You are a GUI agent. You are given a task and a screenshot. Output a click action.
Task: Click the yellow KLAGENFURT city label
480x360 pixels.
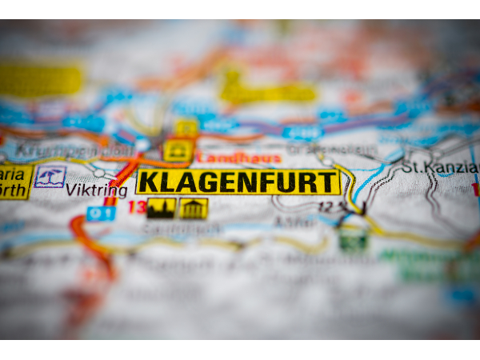pyautogui.click(x=238, y=182)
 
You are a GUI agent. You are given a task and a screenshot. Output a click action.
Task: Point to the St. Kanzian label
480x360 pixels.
pyautogui.click(x=439, y=167)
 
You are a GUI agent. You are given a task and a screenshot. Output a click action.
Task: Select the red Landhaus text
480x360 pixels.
pyautogui.click(x=238, y=158)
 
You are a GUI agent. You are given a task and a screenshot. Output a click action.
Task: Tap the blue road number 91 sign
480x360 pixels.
pyautogui.click(x=101, y=214)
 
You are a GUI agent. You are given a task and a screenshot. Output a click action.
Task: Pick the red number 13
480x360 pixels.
pyautogui.click(x=137, y=207)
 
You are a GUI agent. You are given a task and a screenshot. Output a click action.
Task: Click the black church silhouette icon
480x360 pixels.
pyautogui.click(x=161, y=208)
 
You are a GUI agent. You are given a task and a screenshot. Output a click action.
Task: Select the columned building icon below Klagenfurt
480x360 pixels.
pyautogui.click(x=194, y=209)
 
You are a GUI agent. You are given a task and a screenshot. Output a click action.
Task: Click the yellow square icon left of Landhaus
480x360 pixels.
pyautogui.click(x=178, y=150)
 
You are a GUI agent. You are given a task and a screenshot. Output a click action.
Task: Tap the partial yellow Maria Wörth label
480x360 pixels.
pyautogui.click(x=14, y=182)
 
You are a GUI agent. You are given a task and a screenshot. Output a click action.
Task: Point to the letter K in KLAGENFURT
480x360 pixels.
pyautogui.click(x=147, y=182)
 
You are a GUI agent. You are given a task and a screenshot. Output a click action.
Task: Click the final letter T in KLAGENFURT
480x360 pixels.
pyautogui.click(x=330, y=182)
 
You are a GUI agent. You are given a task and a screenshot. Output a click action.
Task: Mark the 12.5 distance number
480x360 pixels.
pyautogui.click(x=330, y=206)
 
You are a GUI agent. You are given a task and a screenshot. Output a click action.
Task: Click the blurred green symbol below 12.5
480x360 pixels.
pyautogui.click(x=353, y=239)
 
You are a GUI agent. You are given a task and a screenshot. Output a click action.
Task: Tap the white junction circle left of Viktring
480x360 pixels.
pyautogui.click(x=98, y=173)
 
